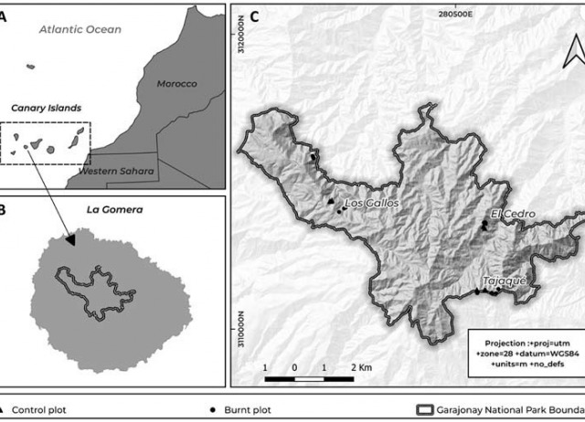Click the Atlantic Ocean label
point(80,30)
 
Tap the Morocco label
point(176,84)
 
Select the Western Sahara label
point(116,170)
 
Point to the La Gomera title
point(109,209)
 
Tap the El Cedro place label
point(512,215)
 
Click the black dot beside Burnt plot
point(212,410)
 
